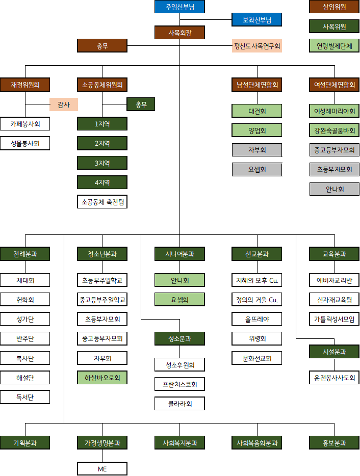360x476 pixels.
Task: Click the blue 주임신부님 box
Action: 179,7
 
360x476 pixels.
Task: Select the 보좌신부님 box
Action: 256,20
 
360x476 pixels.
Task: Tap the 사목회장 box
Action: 179,33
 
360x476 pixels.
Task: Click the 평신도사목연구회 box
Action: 256,46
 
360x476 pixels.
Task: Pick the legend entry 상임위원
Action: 334,7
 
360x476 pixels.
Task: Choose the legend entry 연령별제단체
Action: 334,45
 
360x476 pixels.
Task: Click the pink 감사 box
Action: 64,104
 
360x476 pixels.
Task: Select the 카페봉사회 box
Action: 25,123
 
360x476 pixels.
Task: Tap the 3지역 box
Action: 102,163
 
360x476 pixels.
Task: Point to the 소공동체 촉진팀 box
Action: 102,202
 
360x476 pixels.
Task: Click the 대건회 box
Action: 256,111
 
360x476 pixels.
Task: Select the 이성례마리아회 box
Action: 334,111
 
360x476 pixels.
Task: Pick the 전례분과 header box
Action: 25,253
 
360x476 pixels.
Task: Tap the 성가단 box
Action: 25,319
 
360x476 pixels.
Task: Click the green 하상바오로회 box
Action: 102,378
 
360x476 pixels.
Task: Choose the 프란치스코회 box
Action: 179,384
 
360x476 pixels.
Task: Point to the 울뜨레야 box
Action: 256,319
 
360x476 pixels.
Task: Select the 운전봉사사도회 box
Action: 334,378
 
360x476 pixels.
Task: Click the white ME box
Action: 102,468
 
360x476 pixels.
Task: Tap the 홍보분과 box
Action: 334,442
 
